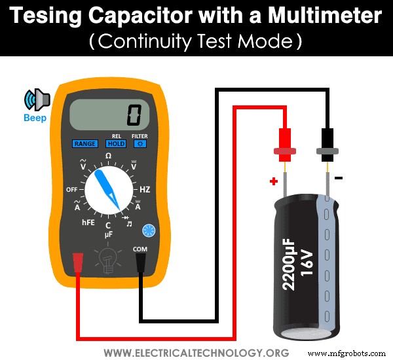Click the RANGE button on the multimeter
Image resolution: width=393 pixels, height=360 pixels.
pos(84,143)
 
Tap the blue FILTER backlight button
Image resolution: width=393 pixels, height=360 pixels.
pos(140,143)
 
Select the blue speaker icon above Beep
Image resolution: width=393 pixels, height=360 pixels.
pos(37,99)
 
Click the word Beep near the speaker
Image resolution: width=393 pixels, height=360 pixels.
pos(35,120)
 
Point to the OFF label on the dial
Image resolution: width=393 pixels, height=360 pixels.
pos(72,189)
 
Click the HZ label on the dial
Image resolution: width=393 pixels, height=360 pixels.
pos(145,189)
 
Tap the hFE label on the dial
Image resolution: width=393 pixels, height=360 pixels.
pos(88,223)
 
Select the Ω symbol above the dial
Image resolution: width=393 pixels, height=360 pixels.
pos(109,155)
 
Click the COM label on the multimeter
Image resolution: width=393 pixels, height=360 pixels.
pos(140,249)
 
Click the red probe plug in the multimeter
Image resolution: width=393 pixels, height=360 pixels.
pos(78,262)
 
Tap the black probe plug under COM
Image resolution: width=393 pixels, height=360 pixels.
pos(140,263)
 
